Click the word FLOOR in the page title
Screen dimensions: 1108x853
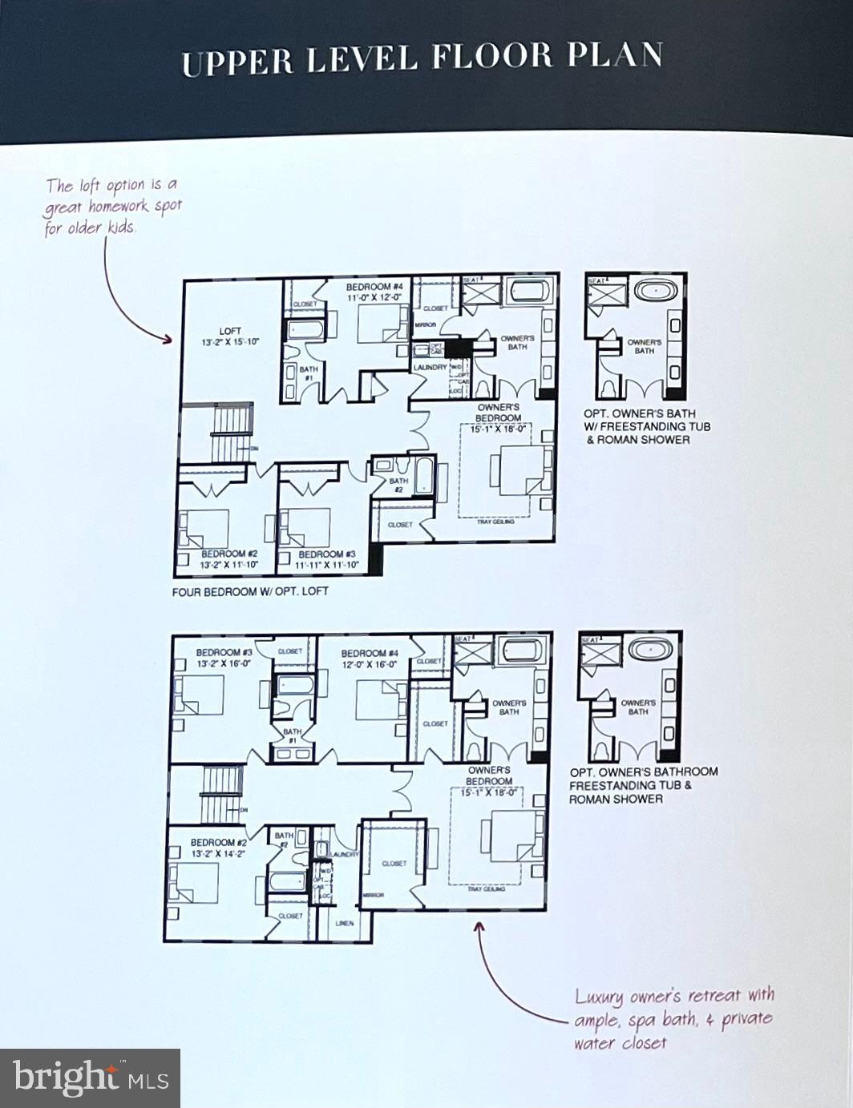point(492,57)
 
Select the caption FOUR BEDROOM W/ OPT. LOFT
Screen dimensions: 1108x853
point(250,591)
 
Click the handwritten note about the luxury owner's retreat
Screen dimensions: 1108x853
point(673,1018)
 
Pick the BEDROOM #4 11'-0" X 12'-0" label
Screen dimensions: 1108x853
point(374,292)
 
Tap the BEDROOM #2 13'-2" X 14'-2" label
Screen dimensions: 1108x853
point(218,848)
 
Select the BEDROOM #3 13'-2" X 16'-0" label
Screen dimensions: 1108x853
point(224,658)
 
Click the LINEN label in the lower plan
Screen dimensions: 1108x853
point(345,923)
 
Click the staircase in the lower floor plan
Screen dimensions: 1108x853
point(220,792)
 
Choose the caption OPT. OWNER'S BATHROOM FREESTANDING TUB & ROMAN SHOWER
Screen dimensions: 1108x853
point(644,785)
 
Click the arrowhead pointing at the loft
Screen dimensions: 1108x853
point(167,340)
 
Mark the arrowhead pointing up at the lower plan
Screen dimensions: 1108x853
point(479,927)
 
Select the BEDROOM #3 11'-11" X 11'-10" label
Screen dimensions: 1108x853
point(326,559)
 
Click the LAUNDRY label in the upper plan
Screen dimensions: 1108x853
point(430,368)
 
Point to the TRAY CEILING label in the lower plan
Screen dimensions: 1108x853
point(486,888)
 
